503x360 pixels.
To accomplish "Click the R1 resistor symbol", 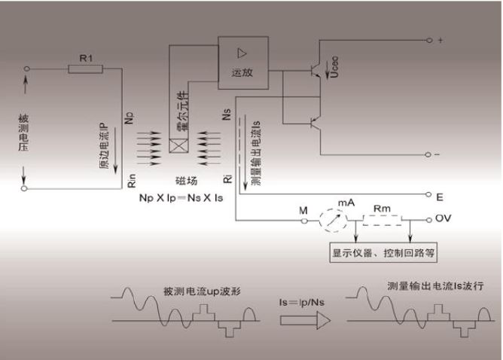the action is [x=85, y=69].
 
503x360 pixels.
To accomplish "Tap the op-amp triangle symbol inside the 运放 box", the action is [x=242, y=53].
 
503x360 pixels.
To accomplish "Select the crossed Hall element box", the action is [x=178, y=145].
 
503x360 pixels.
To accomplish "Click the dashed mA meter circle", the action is [x=334, y=221].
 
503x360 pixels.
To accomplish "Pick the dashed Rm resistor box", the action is [x=382, y=221].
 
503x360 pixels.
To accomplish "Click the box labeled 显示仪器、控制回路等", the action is [x=383, y=252].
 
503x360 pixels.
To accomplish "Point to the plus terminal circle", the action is [x=429, y=40].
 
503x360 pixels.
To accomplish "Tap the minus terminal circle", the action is [x=428, y=154].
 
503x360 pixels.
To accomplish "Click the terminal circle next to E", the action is [x=428, y=194].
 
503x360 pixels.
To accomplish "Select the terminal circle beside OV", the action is [x=429, y=220].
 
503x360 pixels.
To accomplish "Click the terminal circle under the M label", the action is [x=305, y=221].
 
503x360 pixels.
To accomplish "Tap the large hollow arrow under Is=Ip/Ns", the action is [x=305, y=320].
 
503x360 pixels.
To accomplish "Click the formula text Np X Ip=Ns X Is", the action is [x=181, y=198].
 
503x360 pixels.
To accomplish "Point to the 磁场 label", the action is [x=187, y=181].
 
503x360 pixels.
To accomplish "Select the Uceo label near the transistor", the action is [x=334, y=67].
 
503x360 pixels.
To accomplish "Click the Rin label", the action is [x=132, y=181].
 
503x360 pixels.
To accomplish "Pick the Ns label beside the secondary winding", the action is [x=227, y=114].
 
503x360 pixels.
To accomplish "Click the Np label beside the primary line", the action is [x=129, y=118].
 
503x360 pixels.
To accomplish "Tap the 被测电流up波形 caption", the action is [x=202, y=291].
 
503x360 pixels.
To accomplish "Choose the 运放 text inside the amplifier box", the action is [x=242, y=72].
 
